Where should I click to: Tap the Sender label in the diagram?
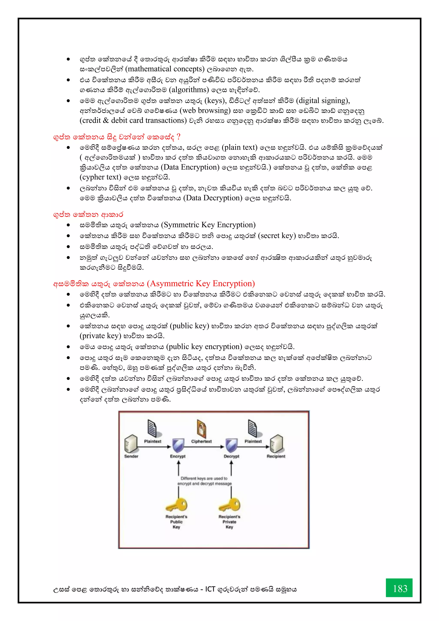[131, 456]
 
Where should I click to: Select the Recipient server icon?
[276, 444]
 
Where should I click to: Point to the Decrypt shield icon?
[231, 445]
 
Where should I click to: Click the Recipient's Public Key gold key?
[176, 505]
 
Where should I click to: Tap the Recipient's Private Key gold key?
[230, 505]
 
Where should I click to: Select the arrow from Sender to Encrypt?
[154, 447]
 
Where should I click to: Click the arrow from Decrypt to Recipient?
[254, 447]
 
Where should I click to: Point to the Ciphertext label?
[201, 441]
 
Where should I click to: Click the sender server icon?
[131, 444]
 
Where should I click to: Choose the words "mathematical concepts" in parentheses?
[166, 69]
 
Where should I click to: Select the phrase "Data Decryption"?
[213, 198]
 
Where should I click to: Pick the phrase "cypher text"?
[100, 177]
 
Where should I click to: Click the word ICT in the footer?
[210, 589]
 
